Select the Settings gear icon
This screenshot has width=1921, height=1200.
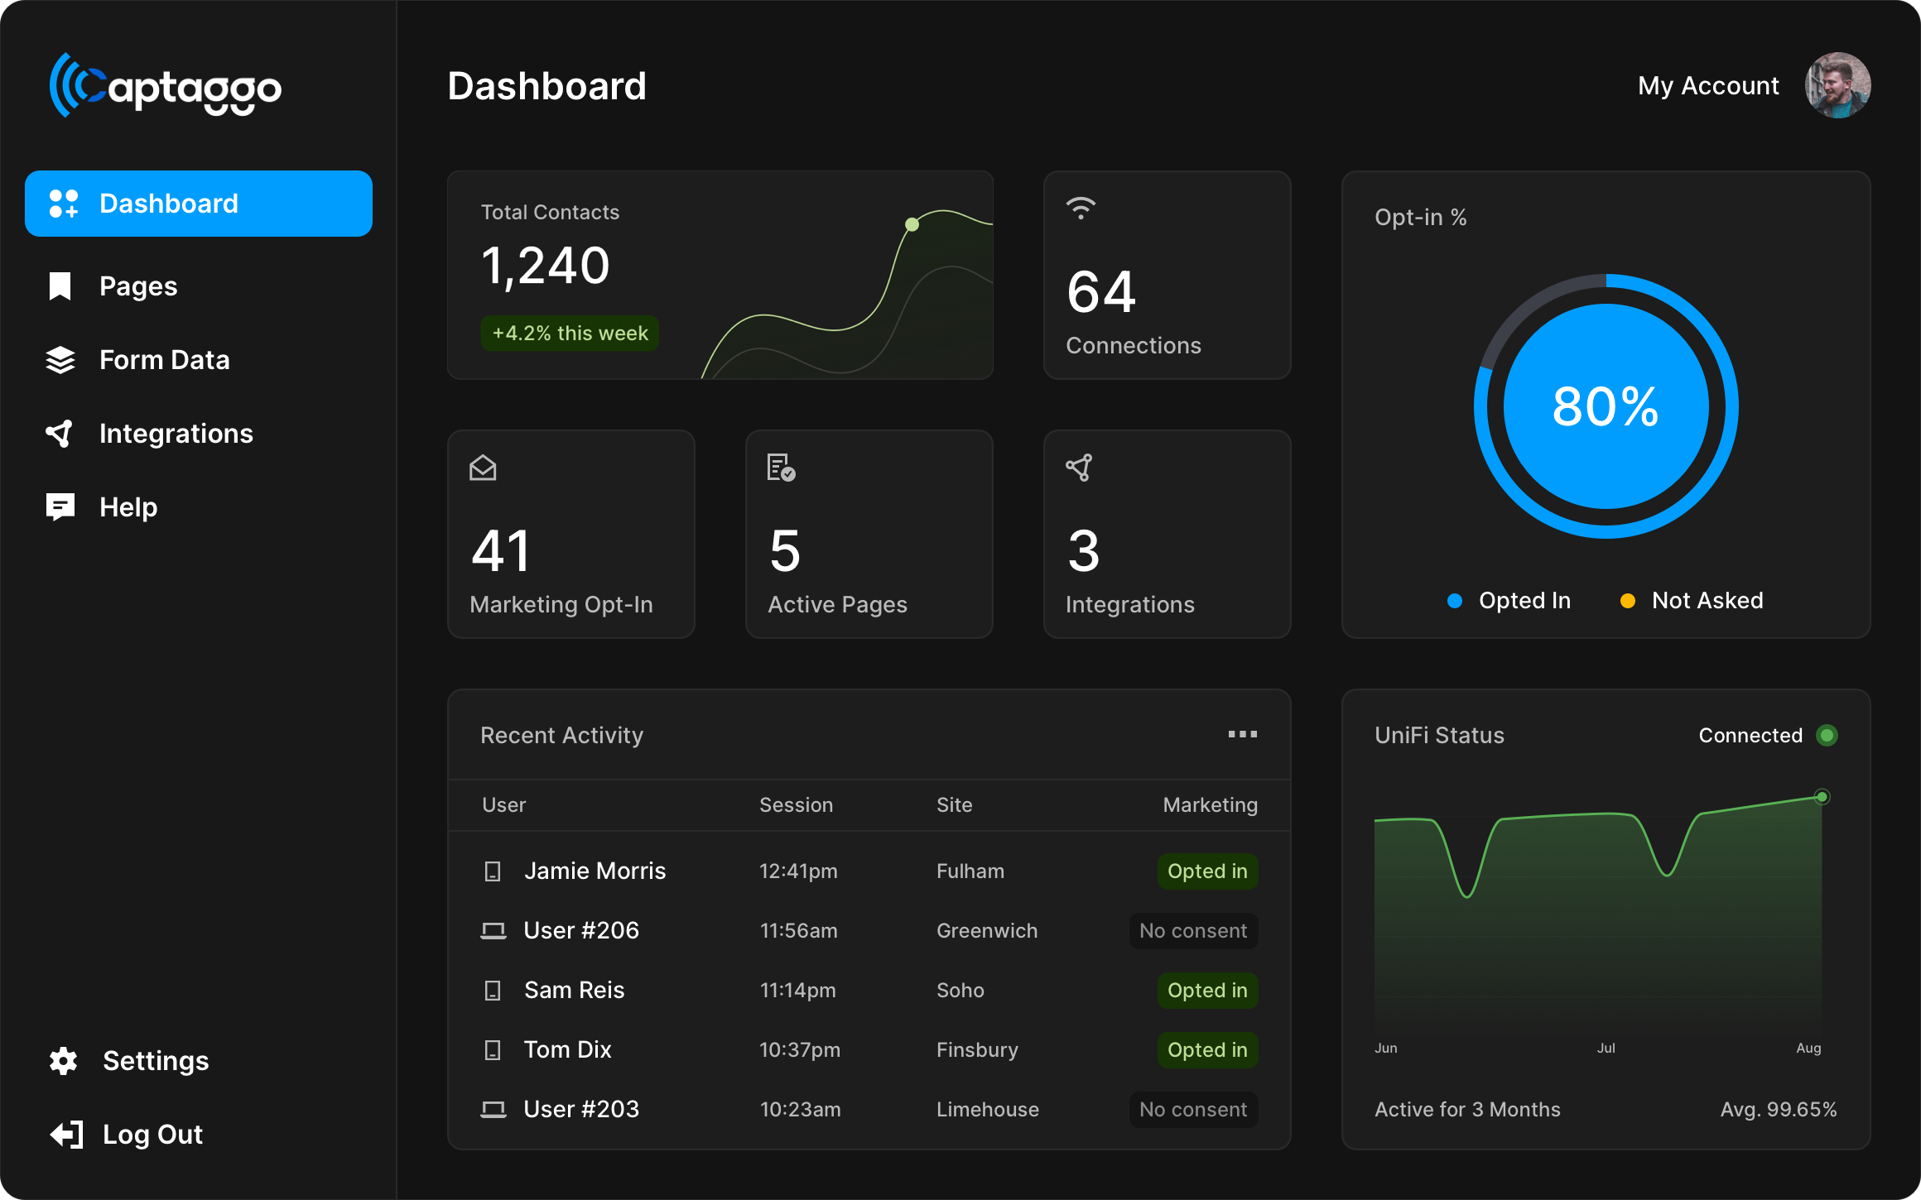click(64, 1061)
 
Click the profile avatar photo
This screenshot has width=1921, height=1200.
click(1837, 85)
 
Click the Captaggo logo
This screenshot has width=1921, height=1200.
click(166, 86)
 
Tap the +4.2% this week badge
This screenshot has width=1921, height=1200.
click(570, 334)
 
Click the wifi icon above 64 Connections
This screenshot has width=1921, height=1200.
click(1081, 208)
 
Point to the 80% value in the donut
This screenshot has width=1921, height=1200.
click(1606, 406)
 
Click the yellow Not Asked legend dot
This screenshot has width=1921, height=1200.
click(1627, 601)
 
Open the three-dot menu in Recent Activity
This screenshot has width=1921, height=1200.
click(1242, 734)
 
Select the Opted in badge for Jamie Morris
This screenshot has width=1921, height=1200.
click(1207, 871)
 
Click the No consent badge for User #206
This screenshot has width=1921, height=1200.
click(1193, 931)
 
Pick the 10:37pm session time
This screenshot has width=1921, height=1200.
click(800, 1050)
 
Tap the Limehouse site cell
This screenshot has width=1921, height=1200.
click(988, 1110)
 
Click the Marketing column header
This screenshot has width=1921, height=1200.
click(1211, 805)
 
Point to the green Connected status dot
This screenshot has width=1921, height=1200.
click(1827, 736)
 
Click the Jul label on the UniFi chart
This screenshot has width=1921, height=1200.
click(1606, 1049)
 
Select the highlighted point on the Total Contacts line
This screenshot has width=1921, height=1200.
click(912, 224)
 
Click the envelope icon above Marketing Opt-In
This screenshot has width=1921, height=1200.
click(483, 468)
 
